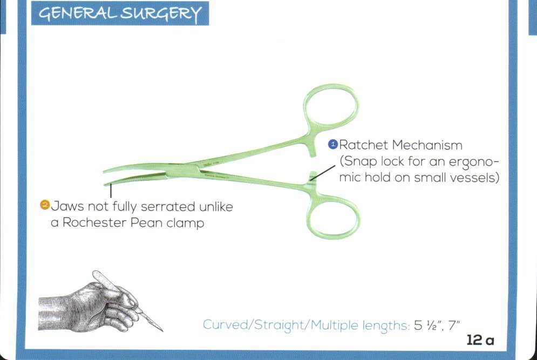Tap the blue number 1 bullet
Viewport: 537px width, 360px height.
[x=333, y=144]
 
